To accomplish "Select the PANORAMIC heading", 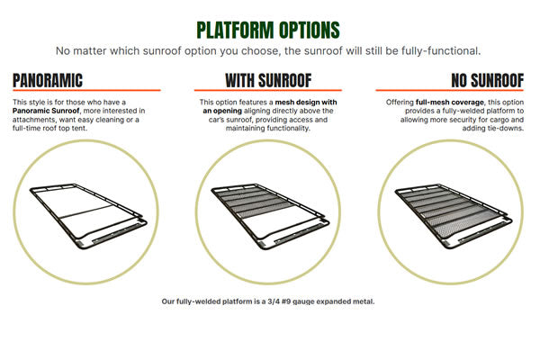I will (48, 80).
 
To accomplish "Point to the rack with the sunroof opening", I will (267, 211).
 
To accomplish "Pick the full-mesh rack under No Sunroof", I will (451, 211).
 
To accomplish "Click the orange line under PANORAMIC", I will (86, 90).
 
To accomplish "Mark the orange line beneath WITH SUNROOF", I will (267, 90).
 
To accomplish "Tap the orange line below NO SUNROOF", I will (451, 90).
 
